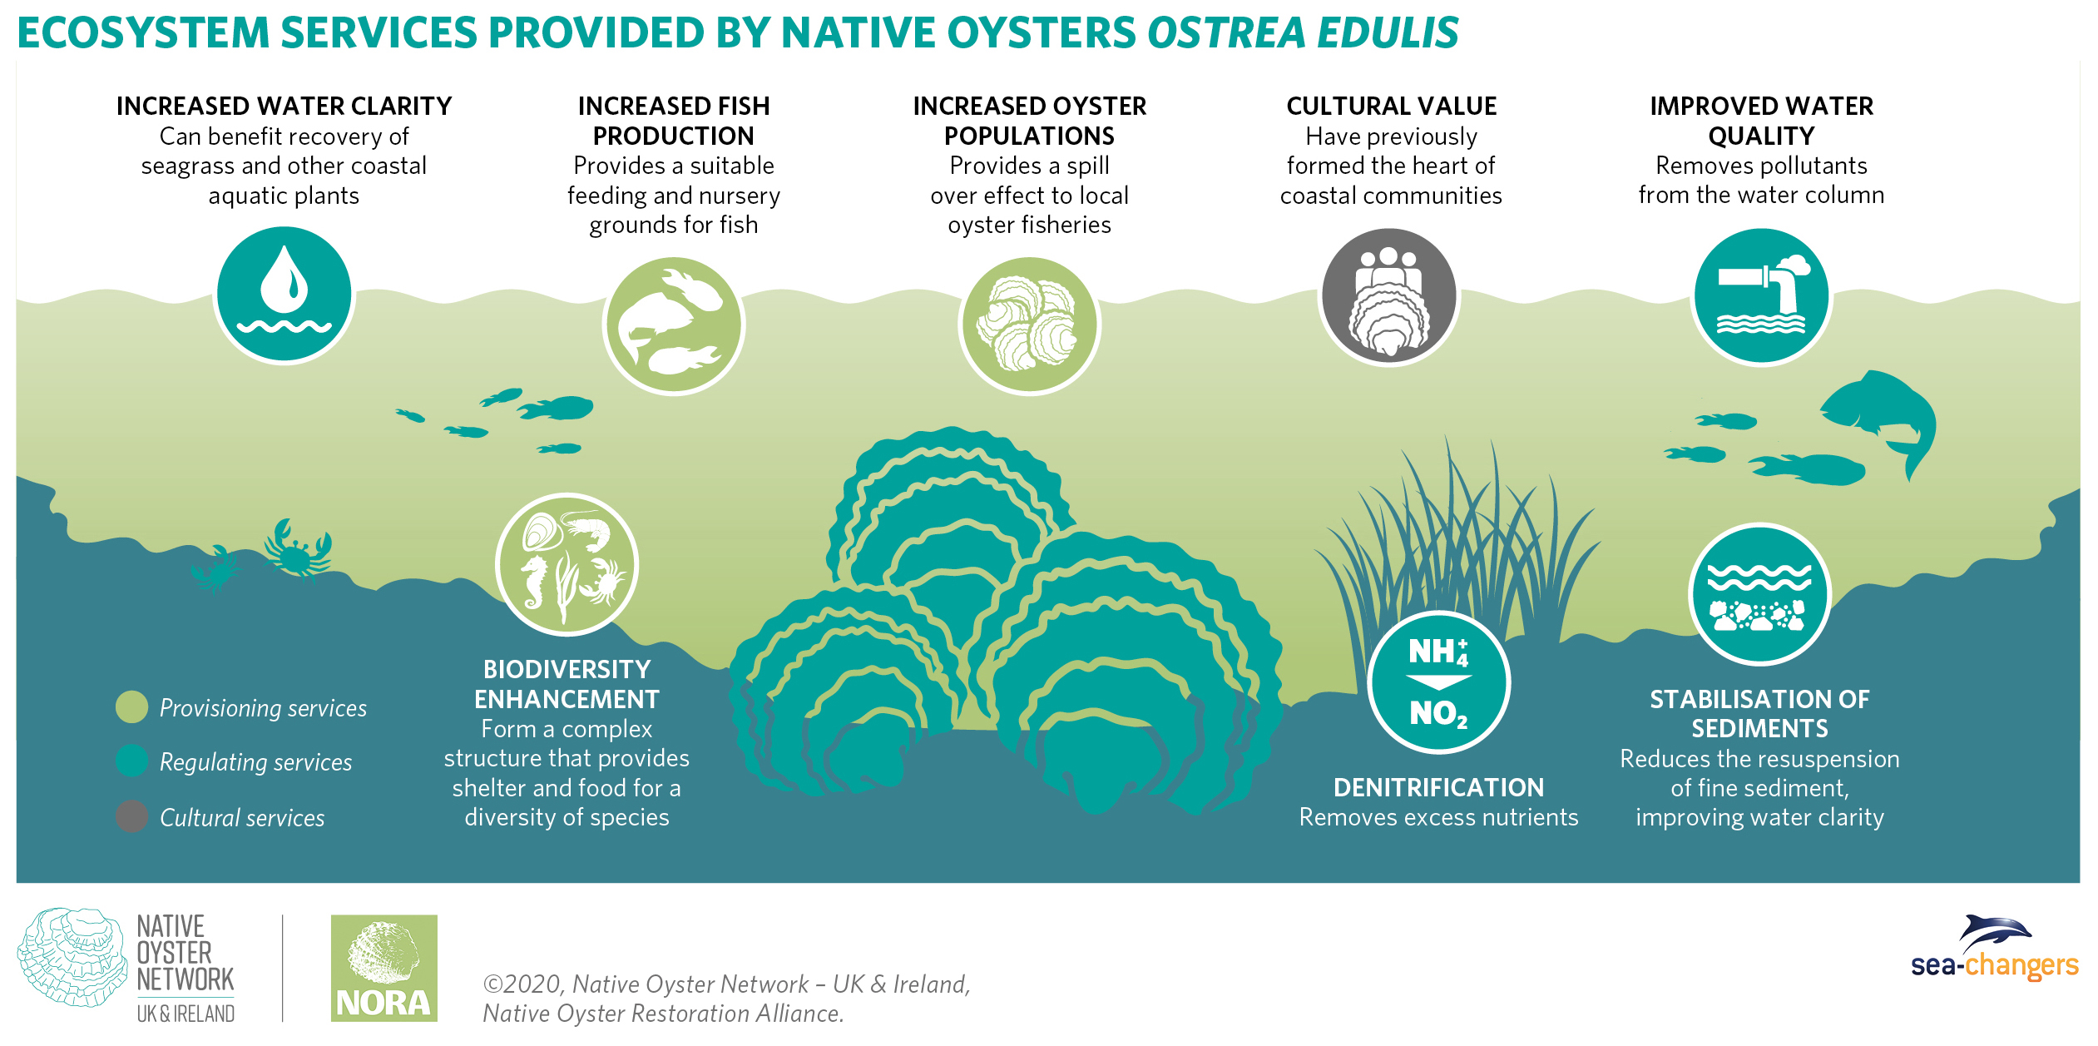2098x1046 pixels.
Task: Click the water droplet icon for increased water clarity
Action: [x=284, y=295]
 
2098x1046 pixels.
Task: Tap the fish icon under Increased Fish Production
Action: [x=673, y=325]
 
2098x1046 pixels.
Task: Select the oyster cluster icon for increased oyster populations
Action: [x=1029, y=325]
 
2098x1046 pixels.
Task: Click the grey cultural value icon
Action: [x=1388, y=296]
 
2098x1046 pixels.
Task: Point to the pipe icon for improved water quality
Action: [x=1761, y=296]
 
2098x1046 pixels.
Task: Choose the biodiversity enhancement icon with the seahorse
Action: [x=567, y=565]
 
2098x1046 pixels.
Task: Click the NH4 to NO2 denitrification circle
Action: [x=1438, y=682]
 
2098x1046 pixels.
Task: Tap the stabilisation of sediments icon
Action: [x=1759, y=594]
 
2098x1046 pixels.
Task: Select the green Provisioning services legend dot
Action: [x=131, y=707]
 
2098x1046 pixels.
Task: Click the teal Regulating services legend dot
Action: [x=131, y=761]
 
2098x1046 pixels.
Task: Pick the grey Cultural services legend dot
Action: [x=131, y=816]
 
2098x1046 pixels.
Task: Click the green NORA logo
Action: [x=383, y=968]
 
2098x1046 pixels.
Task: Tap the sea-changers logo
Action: [x=1995, y=949]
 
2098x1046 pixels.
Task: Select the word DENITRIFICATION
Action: [x=1438, y=787]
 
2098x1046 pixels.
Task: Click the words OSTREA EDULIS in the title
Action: [x=1302, y=33]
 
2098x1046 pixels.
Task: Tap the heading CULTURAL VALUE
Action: [x=1391, y=107]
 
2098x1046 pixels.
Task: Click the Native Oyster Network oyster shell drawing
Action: [x=71, y=956]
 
